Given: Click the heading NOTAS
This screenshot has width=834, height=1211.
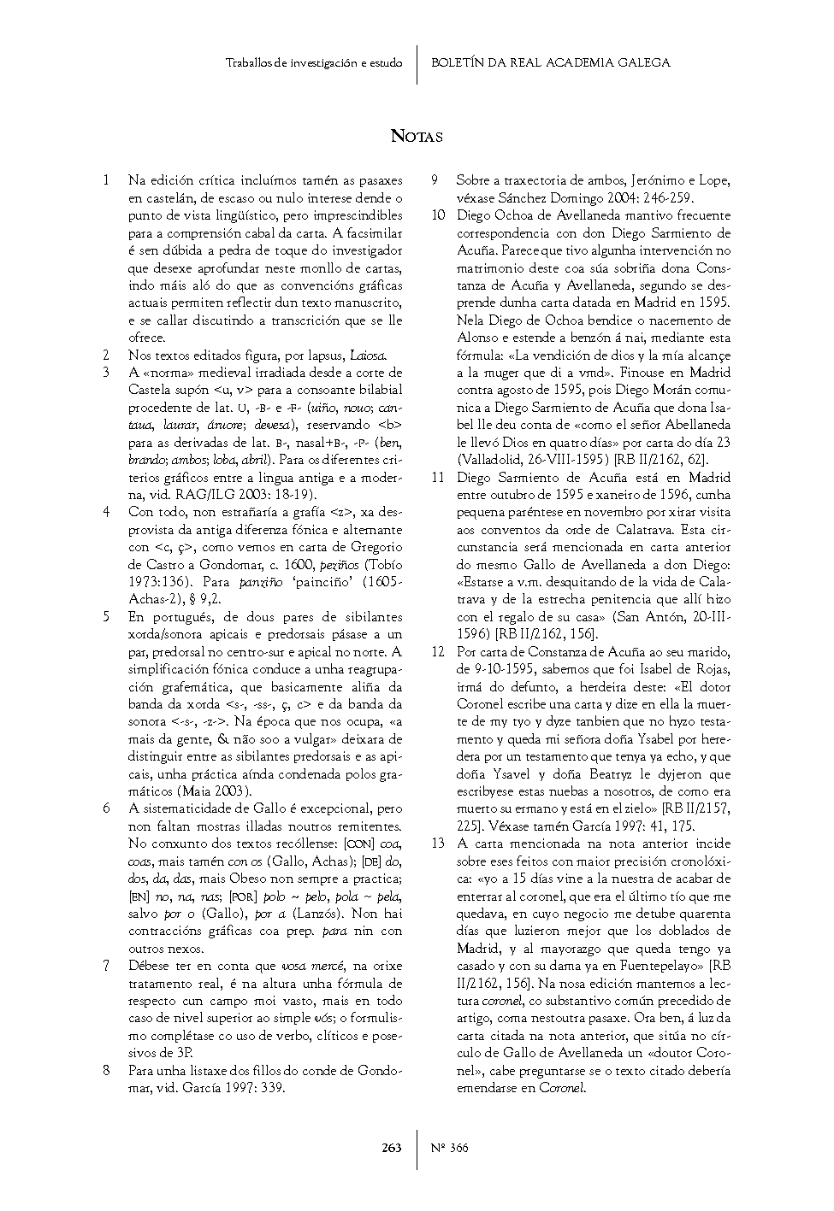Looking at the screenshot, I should [417, 136].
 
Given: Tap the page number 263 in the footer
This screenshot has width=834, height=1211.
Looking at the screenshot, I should [392, 1148].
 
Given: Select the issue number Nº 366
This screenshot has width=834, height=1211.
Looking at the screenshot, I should [450, 1148].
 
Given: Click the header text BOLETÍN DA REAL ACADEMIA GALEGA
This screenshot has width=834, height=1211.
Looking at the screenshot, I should [551, 62].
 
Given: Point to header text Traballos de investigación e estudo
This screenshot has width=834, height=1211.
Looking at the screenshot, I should [314, 62].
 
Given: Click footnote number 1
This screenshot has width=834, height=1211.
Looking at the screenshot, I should [106, 180].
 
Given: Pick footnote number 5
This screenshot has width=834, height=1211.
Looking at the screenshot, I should [106, 616].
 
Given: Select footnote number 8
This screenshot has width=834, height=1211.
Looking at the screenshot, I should [106, 1070].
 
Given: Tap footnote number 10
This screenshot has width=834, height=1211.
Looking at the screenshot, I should [438, 215].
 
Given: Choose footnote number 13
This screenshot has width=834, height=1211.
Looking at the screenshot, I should [438, 844].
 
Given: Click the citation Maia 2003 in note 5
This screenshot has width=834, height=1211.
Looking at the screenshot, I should [214, 791].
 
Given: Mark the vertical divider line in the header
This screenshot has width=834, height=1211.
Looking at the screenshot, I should [417, 64].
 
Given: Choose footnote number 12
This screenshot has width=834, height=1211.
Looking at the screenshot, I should [438, 651].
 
